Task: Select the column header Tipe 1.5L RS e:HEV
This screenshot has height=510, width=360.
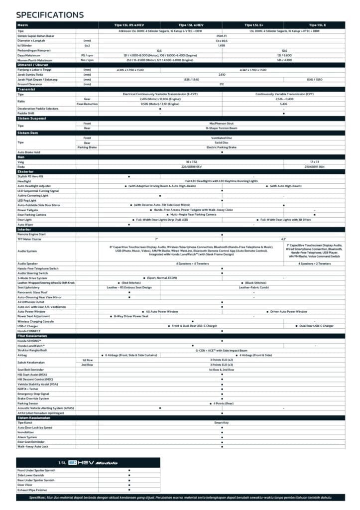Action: click(129, 24)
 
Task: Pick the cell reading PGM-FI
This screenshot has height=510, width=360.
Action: click(222, 35)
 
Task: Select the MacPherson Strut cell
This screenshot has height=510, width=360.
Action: click(222, 123)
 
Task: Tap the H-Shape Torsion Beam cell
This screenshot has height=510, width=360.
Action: click(222, 127)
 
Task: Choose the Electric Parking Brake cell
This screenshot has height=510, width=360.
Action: click(222, 147)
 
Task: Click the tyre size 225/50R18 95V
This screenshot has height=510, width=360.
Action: click(191, 166)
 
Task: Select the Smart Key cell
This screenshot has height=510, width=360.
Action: click(222, 422)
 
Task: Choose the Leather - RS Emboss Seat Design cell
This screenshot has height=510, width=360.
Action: click(129, 287)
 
